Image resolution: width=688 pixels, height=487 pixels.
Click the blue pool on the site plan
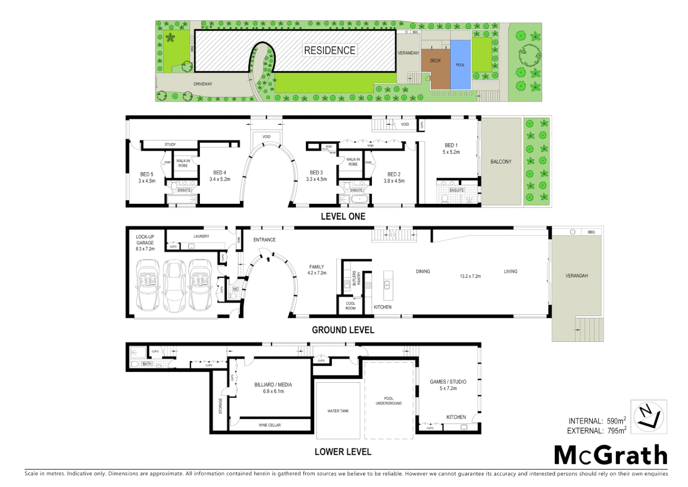click(460, 65)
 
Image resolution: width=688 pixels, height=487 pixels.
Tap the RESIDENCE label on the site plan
click(330, 50)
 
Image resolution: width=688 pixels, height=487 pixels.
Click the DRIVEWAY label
click(203, 84)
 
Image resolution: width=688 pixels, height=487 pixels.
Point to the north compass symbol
click(648, 417)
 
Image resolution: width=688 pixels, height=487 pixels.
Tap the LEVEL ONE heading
click(343, 216)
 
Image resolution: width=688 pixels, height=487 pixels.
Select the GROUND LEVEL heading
click(343, 330)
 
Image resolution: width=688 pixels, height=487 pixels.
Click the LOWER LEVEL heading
click(343, 452)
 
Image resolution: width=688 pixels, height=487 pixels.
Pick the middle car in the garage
click(174, 285)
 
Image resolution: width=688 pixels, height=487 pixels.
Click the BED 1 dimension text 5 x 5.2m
click(451, 152)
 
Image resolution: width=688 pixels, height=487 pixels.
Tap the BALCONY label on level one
click(501, 161)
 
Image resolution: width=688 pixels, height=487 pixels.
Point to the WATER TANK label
click(338, 411)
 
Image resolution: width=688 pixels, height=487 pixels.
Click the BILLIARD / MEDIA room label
click(273, 385)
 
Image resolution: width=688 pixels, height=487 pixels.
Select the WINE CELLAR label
click(270, 425)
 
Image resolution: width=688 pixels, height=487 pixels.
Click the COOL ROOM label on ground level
click(350, 306)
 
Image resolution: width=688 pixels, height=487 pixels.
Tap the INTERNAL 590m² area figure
click(597, 421)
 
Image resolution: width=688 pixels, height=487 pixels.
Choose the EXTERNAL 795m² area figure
click(597, 431)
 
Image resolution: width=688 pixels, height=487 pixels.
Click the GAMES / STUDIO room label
click(448, 381)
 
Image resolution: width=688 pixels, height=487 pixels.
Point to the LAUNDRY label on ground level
click(201, 236)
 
